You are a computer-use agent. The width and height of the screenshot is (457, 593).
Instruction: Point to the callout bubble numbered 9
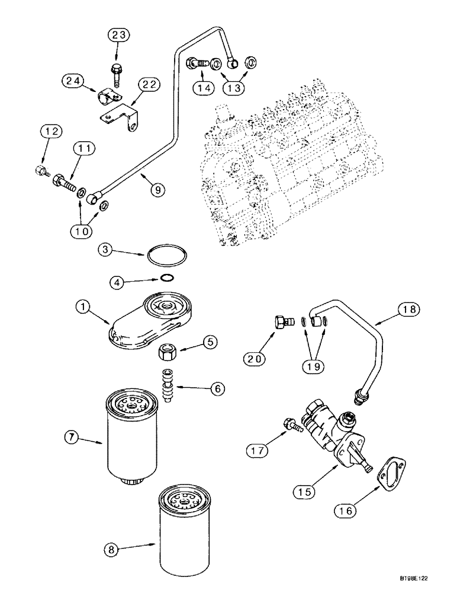157,190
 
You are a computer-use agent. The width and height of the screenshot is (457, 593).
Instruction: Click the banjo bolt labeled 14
198,62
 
